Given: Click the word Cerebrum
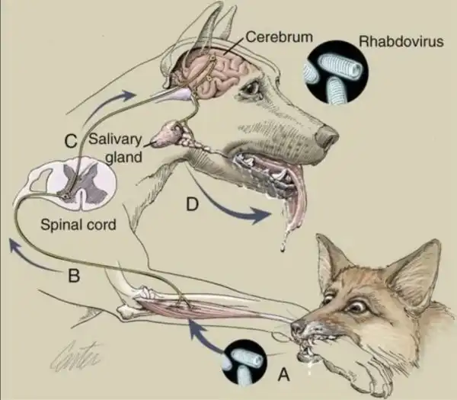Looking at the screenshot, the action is coord(280,37).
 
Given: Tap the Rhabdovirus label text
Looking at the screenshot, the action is coord(401,41).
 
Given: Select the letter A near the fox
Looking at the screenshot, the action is coord(283,374).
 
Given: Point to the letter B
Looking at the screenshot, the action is coord(74,276).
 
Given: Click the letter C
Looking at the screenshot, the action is coord(71,142).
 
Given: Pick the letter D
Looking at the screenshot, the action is coord(193,204).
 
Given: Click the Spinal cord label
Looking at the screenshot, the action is coord(78,225).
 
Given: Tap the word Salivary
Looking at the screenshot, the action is coord(115,139).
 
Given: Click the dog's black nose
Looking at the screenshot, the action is coord(328,137).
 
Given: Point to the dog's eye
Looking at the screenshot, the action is coord(251,88).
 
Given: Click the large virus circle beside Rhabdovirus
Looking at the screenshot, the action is coord(337,72).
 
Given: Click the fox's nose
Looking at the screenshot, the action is coord(298,327).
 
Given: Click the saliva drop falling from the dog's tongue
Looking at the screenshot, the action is coord(282,247).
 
